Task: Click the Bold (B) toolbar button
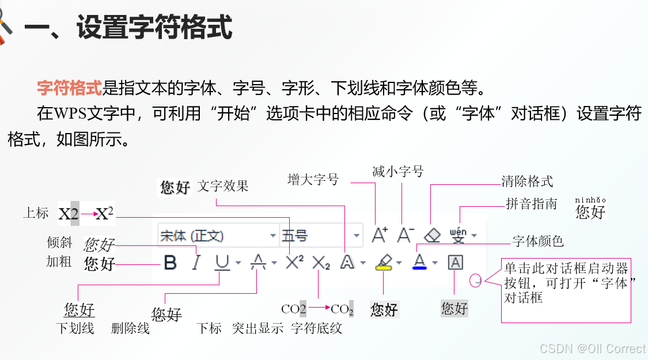170,263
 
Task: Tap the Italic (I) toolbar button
196,263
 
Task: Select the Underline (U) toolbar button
222,263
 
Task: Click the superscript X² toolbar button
294,263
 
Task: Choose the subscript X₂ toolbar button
321,263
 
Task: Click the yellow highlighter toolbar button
383,263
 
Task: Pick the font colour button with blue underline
419,263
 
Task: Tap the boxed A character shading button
455,263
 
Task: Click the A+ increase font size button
380,234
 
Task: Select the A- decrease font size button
406,234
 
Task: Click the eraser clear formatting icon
432,235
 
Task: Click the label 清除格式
527,181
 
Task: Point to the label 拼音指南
532,204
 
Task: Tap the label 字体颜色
538,241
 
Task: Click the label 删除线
131,328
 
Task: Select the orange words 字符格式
69,88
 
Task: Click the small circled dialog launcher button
476,281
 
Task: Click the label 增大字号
313,180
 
